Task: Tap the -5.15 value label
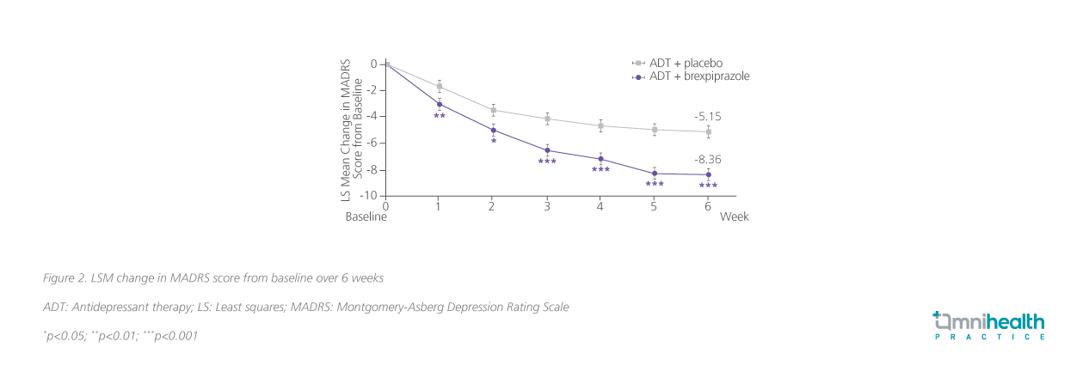tap(708, 116)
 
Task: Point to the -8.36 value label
tap(708, 160)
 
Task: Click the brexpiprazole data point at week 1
tap(440, 104)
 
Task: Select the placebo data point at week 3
tap(547, 119)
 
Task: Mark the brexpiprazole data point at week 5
tap(655, 174)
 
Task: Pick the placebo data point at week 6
tap(708, 131)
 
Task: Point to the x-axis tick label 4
tap(600, 206)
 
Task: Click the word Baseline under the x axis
tap(366, 217)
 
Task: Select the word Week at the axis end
tap(735, 217)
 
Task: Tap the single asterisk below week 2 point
tap(494, 142)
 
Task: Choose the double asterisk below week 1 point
tap(440, 116)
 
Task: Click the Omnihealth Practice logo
tap(989, 326)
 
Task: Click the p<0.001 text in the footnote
tap(175, 336)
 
